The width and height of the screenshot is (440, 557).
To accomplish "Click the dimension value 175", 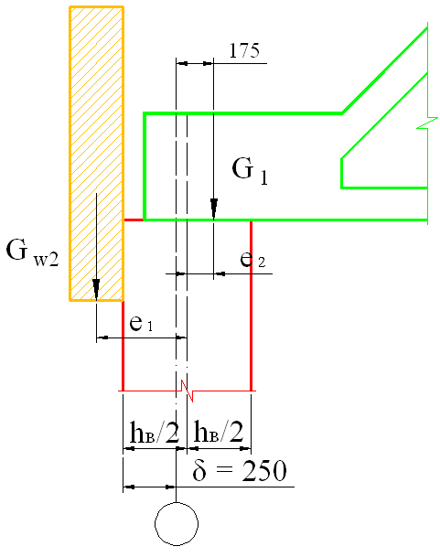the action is coord(244,51).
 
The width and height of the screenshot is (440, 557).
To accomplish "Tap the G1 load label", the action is coord(250,170).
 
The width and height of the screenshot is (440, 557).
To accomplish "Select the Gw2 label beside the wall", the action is coord(32,252).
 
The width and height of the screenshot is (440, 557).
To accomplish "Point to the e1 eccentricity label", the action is coord(141,324).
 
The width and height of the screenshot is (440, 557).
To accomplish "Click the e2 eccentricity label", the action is coord(252,260).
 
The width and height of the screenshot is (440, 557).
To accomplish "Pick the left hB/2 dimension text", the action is coord(155,432).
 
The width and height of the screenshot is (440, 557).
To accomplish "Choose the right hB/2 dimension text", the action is coord(219,432).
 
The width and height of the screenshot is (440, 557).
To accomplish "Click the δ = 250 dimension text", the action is coord(240,470).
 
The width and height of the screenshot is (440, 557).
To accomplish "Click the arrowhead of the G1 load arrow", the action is coord(214,208).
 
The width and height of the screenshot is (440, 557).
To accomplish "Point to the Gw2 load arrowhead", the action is coord(96,288).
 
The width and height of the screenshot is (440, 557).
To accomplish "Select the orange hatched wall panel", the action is coord(96,154).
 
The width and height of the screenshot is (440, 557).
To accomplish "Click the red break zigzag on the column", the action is coord(187,391).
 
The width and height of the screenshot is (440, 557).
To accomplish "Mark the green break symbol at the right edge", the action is coord(427,123).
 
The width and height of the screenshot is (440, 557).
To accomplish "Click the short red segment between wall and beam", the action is coord(134,220).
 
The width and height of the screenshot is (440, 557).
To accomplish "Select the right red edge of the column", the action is coord(252,305).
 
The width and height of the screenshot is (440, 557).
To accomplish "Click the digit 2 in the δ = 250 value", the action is coord(249,471).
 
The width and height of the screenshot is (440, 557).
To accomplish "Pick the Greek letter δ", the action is coord(199,470).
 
